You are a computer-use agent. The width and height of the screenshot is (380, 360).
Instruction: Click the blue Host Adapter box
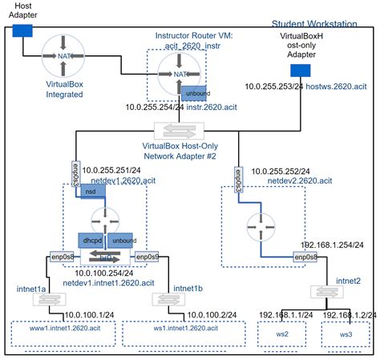point(21,30)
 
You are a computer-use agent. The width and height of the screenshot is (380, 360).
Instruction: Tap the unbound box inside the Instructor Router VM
point(194,93)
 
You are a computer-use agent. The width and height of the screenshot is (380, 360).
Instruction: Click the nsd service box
point(91,192)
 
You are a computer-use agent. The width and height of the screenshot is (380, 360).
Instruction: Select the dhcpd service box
point(90,240)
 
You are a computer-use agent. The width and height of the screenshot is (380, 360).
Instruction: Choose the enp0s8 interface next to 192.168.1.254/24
point(305,257)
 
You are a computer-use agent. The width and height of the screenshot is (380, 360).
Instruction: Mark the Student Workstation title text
point(314,25)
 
